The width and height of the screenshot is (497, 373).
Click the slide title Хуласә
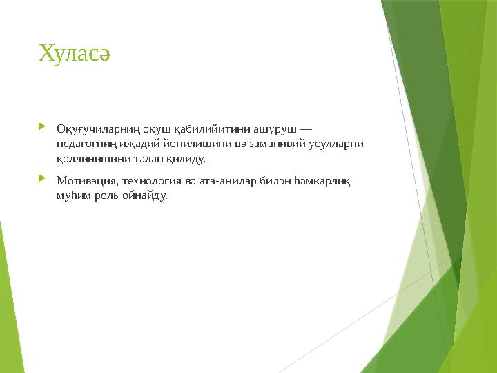[x=75, y=52]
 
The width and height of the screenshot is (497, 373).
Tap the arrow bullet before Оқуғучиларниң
[x=43, y=127]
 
